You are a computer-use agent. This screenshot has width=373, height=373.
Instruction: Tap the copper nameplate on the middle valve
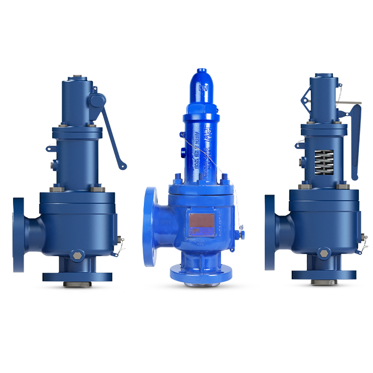tap(203, 222)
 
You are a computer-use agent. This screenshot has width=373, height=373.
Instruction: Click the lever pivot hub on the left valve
tap(96, 101)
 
